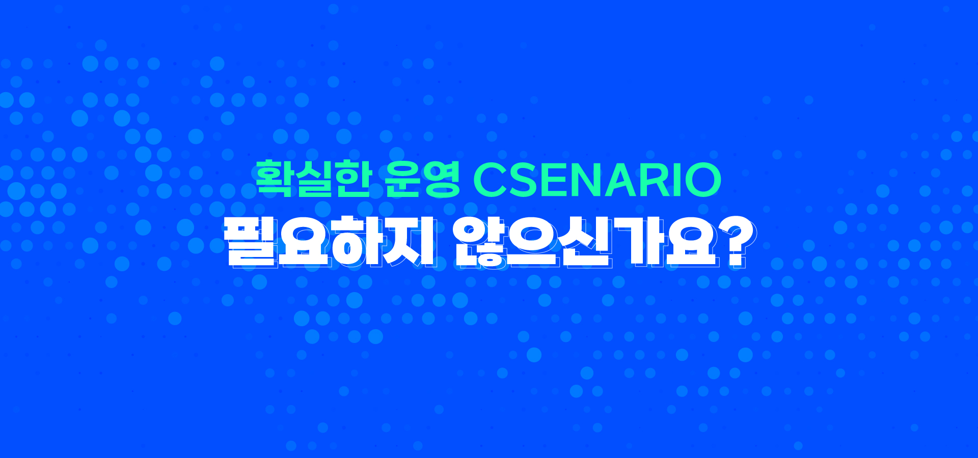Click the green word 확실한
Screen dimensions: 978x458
313,179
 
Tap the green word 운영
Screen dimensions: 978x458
422,179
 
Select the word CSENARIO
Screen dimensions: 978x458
597,180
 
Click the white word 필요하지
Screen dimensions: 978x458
330,241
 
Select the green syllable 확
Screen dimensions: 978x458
274,179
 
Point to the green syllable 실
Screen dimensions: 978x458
313,179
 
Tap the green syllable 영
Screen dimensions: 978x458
442,179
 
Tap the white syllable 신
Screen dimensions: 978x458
585,241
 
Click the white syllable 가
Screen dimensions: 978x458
638,241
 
